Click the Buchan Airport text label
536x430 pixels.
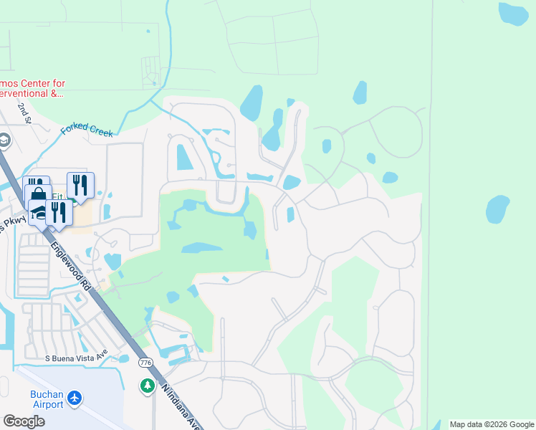click(x=47, y=399)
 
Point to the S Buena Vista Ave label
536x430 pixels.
click(x=76, y=355)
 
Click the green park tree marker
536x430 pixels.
click(x=148, y=386)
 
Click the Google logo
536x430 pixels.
click(x=24, y=421)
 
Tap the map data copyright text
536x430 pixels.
click(x=492, y=424)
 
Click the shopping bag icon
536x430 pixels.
click(x=39, y=195)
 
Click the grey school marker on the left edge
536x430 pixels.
click(x=4, y=141)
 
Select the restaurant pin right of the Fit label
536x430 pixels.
click(x=80, y=185)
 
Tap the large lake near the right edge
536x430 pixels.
click(x=497, y=209)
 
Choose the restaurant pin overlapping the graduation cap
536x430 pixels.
click(x=58, y=212)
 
